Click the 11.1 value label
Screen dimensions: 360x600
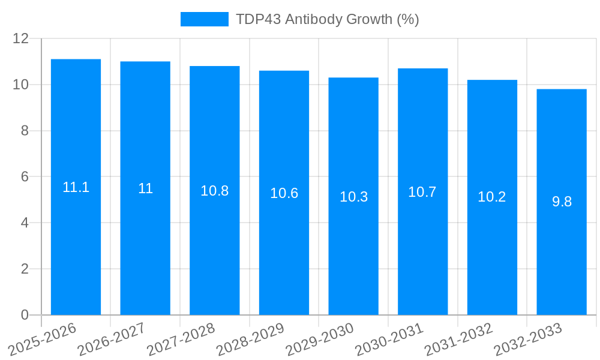pos(76,187)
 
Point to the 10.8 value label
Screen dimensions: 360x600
pos(215,191)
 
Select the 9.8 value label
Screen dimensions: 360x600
pos(562,202)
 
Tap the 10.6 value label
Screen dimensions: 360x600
pos(284,193)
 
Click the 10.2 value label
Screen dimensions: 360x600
pos(492,197)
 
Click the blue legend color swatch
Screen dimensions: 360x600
pos(205,19)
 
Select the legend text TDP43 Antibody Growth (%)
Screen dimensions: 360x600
pos(327,19)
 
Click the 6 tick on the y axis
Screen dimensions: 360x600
pos(25,177)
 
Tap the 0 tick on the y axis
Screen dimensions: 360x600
pos(25,315)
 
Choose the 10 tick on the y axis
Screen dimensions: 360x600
pos(21,85)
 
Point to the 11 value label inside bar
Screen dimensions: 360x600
pos(145,188)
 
